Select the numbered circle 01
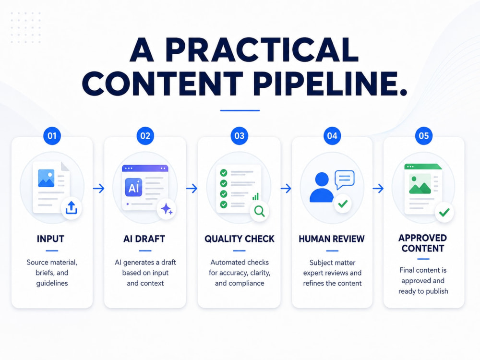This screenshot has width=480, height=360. coord(52,136)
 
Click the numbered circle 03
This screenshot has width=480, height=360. coord(240,136)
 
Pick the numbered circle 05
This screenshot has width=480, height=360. coord(424,136)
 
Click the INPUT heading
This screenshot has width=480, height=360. coord(50,239)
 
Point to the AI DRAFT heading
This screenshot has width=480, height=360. coord(144,239)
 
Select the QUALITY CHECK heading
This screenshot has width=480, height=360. coord(240,239)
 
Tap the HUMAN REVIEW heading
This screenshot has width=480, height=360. coord(332,239)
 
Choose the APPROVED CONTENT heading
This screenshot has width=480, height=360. coord(423,243)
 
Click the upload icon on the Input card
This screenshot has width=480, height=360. coord(72,208)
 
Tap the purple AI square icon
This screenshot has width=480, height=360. coord(133,187)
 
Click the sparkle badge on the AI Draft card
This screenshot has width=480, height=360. coord(167,209)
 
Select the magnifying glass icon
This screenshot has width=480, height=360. coord(260,211)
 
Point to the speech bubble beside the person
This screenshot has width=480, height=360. coord(345,180)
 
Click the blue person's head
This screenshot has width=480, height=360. coord(322,179)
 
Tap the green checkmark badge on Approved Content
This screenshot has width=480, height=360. coord(444,212)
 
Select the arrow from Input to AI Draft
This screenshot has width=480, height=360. coord(98,188)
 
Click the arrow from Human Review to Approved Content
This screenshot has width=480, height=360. coord(378,188)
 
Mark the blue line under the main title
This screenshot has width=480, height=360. coord(240,110)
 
